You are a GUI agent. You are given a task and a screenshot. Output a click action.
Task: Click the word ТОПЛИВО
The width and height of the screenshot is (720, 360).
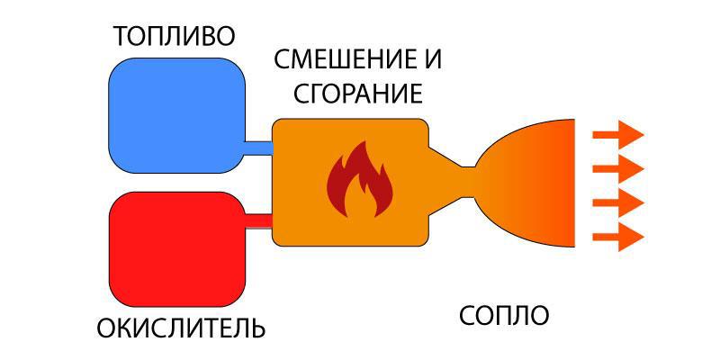point(174,36)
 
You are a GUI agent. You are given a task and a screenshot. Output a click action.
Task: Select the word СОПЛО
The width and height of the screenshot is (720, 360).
point(503,316)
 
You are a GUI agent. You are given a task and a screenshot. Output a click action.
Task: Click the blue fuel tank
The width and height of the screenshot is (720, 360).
point(176,115)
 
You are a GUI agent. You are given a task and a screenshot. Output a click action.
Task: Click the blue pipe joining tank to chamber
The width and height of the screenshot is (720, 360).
point(259,146)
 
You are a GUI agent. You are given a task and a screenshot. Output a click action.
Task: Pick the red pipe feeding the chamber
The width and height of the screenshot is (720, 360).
point(259,219)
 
